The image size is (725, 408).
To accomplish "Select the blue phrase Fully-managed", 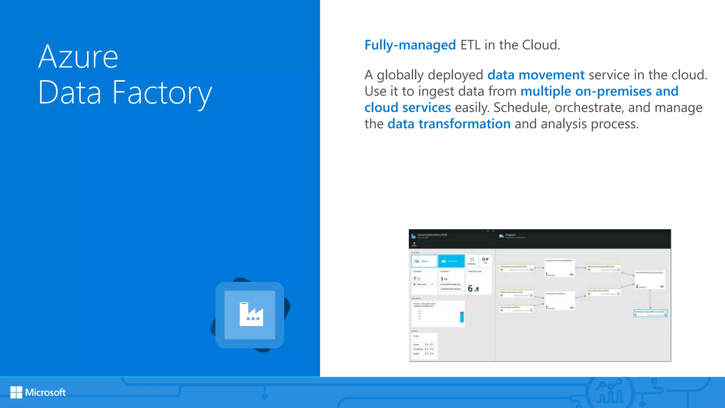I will point(410,45).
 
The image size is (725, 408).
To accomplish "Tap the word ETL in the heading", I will point(470,45).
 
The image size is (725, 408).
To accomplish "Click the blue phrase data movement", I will point(536,75).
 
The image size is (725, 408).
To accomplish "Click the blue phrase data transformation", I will point(449,124).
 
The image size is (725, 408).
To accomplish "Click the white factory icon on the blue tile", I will point(251,314).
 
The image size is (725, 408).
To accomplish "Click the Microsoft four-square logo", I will point(16,392).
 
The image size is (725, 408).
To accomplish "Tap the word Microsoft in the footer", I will point(45,392).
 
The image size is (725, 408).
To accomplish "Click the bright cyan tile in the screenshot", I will point(451,261).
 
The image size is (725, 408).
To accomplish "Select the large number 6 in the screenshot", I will point(470,289).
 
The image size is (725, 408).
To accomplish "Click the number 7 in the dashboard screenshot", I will point(415,279).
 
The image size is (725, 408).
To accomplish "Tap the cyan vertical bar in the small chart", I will point(462,317).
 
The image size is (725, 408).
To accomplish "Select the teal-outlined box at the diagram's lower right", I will point(650,313).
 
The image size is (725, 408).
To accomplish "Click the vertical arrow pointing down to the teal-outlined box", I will point(650,299).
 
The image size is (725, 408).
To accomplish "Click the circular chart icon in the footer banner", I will point(609,392).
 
